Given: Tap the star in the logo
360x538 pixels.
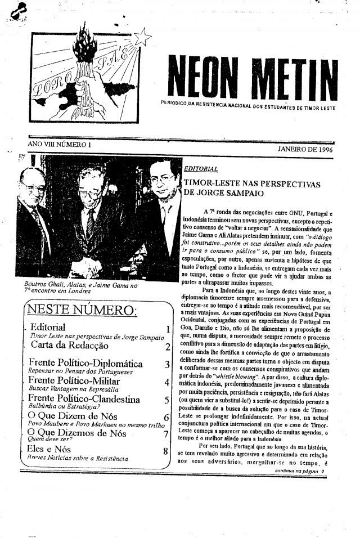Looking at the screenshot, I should pyautogui.click(x=142, y=37).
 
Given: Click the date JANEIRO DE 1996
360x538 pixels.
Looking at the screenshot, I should pyautogui.click(x=307, y=150).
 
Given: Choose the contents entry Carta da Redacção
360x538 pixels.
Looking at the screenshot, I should pyautogui.click(x=69, y=346).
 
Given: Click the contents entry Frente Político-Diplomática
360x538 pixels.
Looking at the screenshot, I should pyautogui.click(x=85, y=364).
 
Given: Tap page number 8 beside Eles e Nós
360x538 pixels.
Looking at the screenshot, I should pyautogui.click(x=165, y=451).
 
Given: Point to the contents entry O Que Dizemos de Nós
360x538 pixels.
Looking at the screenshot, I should pyautogui.click(x=76, y=433).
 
